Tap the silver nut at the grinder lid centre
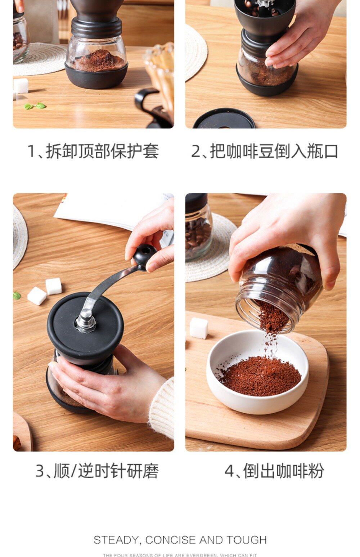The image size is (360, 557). pos(86,320)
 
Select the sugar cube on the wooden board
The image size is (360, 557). pos(199,328)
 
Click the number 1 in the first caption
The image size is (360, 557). pos(32,151)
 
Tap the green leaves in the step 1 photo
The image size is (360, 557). pos(35,106)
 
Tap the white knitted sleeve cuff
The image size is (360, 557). pos(162,408)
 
